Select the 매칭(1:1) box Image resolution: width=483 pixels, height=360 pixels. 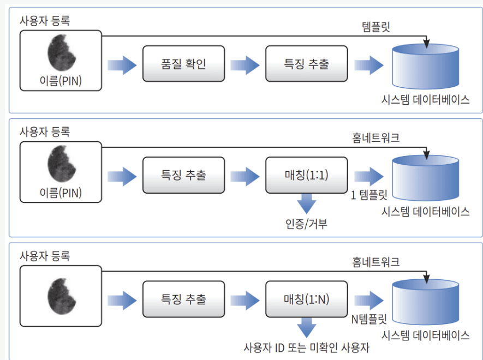(306, 176)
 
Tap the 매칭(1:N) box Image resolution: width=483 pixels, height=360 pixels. (306, 299)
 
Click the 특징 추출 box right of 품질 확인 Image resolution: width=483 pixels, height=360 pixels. (306, 64)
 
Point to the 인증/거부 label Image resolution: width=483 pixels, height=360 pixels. (306, 223)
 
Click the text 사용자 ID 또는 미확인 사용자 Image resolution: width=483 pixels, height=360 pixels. (306, 347)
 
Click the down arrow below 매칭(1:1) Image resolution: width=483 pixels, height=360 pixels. (306, 204)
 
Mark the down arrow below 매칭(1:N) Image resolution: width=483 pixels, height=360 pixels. (306, 328)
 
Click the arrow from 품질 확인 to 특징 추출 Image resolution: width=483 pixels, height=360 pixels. (245, 65)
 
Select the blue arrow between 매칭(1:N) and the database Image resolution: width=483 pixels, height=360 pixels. (369, 299)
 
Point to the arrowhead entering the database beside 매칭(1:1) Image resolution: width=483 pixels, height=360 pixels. (426, 154)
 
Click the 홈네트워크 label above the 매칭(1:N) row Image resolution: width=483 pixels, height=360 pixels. (376, 262)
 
